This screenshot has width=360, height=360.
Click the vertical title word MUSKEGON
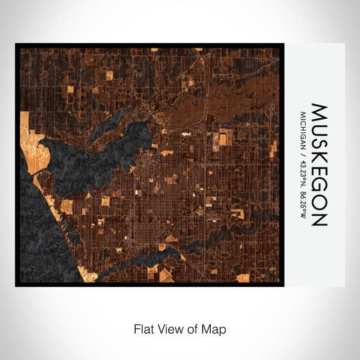(319, 165)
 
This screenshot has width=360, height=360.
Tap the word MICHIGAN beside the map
(303, 128)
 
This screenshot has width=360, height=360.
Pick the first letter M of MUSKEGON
(319, 112)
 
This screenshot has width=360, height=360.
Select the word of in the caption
(195, 328)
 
